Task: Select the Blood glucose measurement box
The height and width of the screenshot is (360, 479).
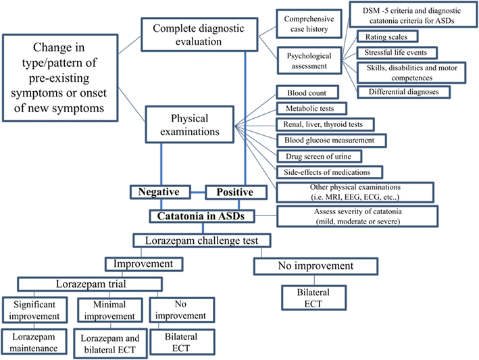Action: coord(331,140)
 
